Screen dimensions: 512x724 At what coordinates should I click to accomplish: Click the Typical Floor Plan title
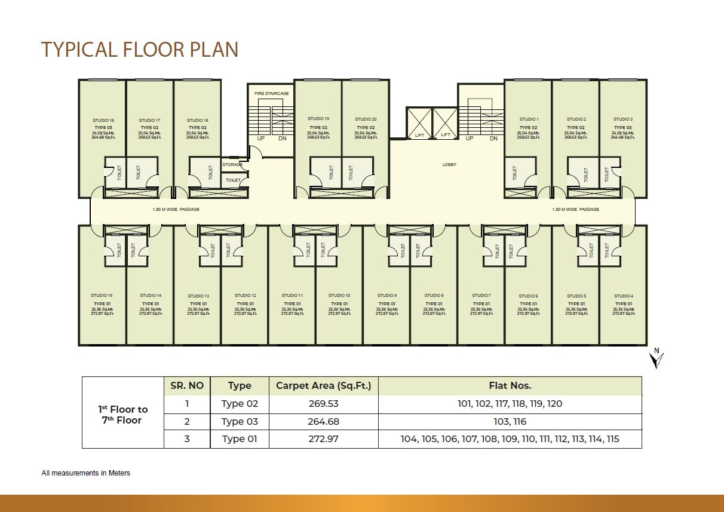(x=139, y=49)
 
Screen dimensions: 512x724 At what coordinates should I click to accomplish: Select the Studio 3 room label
(x=622, y=119)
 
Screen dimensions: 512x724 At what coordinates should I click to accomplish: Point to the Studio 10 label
(x=339, y=296)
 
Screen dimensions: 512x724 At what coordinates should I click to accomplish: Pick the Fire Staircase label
(x=271, y=94)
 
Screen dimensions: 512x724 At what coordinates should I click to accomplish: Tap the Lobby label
(x=449, y=165)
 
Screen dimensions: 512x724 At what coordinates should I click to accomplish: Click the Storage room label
(x=232, y=165)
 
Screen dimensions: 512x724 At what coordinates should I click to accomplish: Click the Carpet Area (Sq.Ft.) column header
(x=323, y=386)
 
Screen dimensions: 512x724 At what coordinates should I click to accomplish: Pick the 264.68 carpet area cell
(x=323, y=421)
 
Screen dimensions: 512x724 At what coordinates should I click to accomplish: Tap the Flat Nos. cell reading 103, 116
(x=510, y=421)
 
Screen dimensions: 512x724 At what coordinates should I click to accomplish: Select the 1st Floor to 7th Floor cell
(x=122, y=415)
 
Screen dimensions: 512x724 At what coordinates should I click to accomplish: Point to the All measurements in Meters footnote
(x=85, y=473)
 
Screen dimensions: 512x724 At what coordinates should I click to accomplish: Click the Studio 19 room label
(x=318, y=119)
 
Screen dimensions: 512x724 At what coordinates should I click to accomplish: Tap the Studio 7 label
(x=481, y=296)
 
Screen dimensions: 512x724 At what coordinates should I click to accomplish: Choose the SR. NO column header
(x=187, y=386)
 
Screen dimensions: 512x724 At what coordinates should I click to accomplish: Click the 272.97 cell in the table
(x=323, y=439)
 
